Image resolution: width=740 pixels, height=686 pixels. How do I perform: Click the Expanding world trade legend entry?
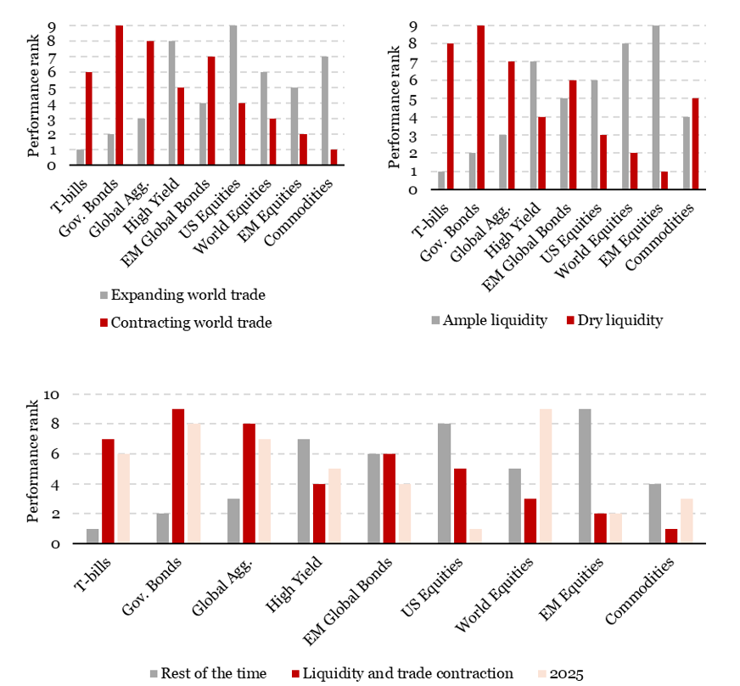(x=182, y=295)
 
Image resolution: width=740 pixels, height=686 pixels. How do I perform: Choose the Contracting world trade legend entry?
(x=188, y=321)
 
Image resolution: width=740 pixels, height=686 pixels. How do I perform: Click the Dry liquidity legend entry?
(x=619, y=320)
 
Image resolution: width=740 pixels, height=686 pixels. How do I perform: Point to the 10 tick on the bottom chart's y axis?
(x=49, y=394)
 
